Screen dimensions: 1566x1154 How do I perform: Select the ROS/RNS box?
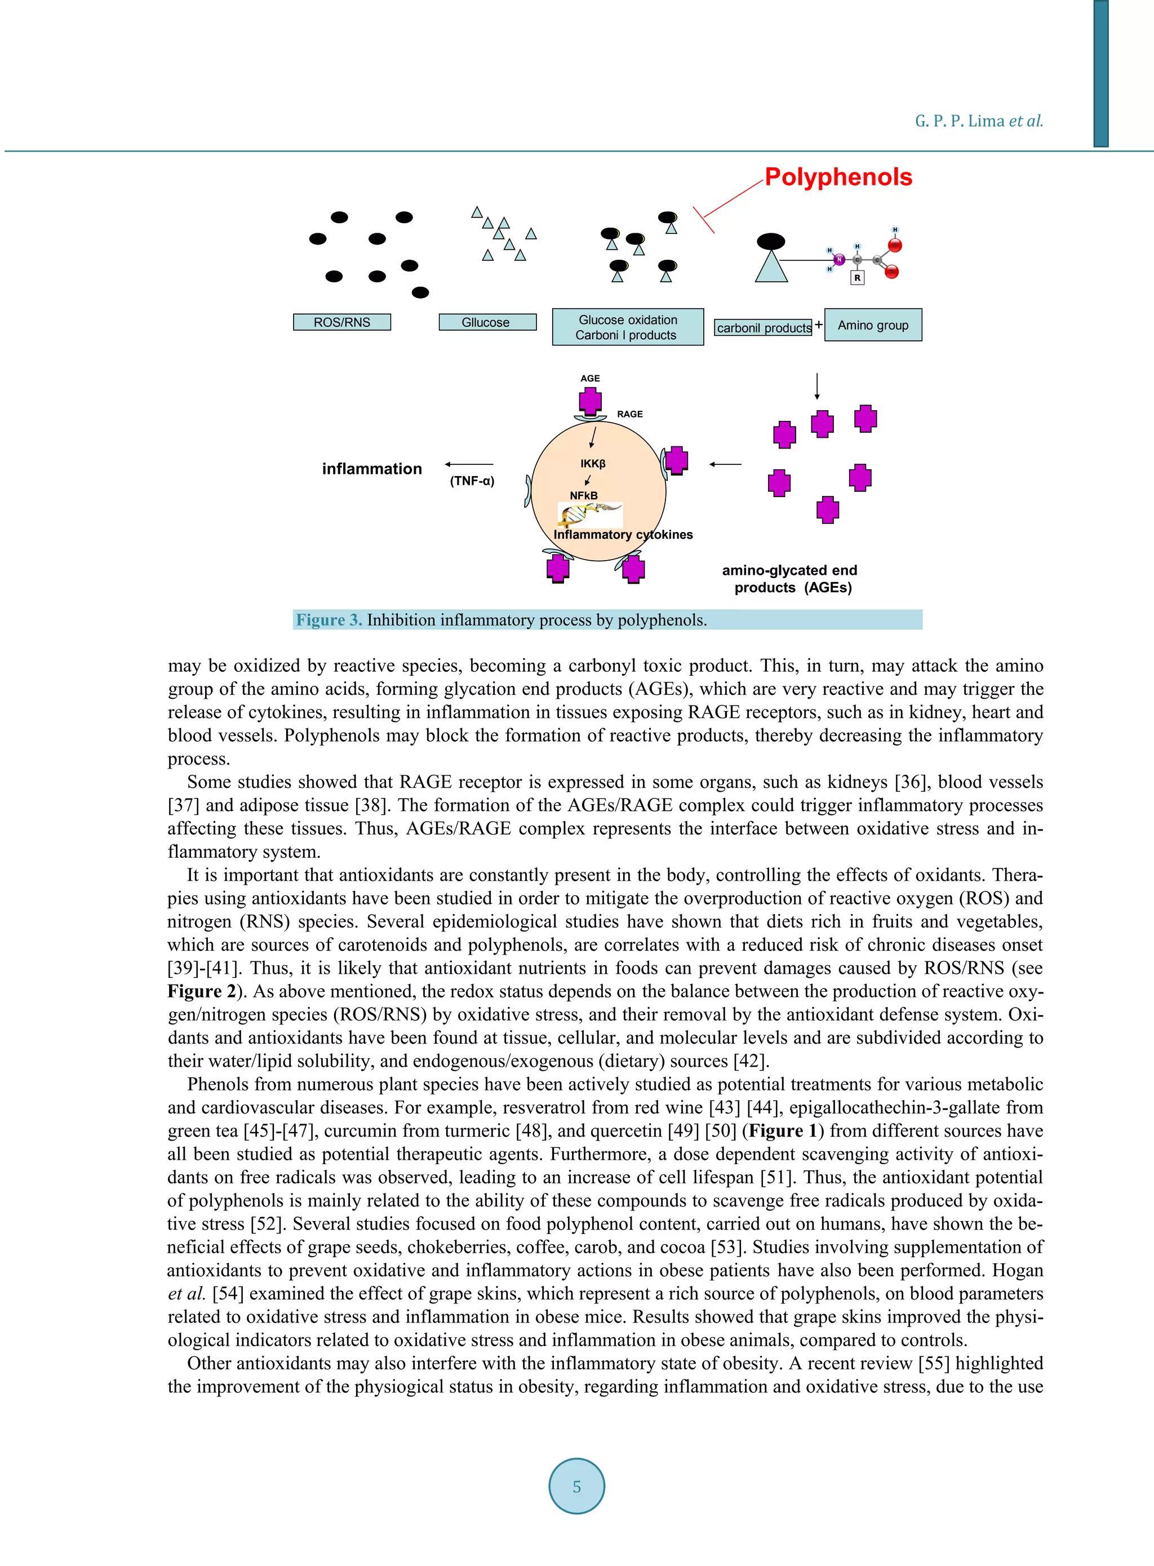point(341,322)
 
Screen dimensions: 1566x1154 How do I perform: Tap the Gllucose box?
point(487,322)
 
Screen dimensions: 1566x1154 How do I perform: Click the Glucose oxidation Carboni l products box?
point(627,327)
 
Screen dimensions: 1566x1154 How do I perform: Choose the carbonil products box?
point(764,327)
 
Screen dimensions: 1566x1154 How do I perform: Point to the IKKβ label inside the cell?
point(592,464)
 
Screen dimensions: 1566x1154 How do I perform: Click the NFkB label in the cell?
point(583,495)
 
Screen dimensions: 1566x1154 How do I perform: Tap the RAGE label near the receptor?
point(629,414)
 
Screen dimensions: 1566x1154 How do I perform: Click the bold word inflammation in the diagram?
point(372,469)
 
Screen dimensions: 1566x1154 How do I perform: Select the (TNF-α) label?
point(472,481)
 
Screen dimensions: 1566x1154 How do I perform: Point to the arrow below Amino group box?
point(816,385)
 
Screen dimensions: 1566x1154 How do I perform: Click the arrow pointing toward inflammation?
point(469,464)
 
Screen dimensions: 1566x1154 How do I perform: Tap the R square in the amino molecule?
point(857,278)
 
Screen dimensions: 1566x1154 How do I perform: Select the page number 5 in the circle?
point(576,1487)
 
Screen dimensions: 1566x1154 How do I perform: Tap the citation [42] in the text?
point(751,1061)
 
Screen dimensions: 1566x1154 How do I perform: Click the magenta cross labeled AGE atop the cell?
point(591,401)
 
